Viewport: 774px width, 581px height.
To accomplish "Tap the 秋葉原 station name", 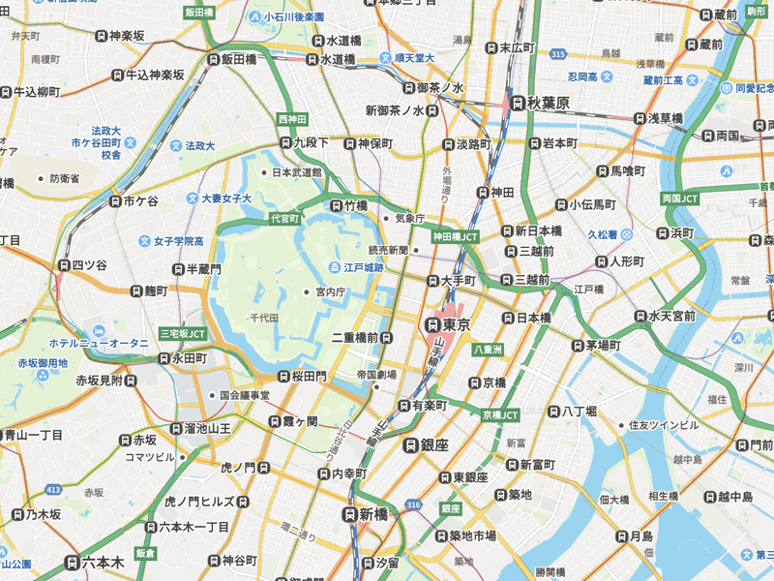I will tap(548, 103).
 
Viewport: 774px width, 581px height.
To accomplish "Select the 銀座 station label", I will tap(434, 444).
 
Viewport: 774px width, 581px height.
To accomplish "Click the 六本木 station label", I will tap(102, 563).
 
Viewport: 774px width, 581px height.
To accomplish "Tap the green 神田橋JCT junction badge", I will tap(456, 236).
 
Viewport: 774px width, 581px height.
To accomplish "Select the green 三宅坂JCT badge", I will tap(183, 334).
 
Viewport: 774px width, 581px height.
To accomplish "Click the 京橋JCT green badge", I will tap(500, 414).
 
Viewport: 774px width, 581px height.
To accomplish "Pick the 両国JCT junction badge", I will tap(679, 199).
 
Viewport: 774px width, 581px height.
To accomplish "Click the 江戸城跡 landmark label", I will tap(364, 267).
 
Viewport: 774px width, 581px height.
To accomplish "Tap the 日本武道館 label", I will tap(296, 172).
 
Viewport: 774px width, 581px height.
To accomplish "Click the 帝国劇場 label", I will tap(376, 374).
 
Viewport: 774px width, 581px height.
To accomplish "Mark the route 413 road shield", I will tap(54, 490).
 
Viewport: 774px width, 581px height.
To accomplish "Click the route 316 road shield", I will tap(414, 505).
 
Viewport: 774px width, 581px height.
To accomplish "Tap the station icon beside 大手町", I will tap(432, 281).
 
